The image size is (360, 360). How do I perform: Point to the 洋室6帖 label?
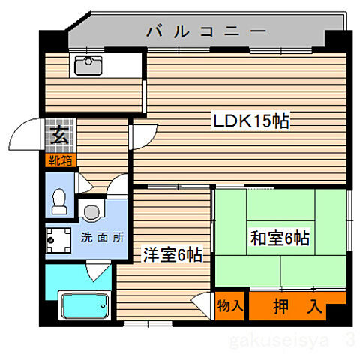pos(172,255)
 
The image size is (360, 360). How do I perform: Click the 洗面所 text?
pos(102,237)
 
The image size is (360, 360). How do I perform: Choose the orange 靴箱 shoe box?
pos(59,160)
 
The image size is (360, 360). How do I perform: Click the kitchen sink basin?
pos(91,65)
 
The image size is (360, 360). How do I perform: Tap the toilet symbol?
pos(59,197)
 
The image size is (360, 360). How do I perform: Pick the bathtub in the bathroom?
pos(85,305)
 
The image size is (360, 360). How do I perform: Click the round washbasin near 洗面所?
pos(91,212)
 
